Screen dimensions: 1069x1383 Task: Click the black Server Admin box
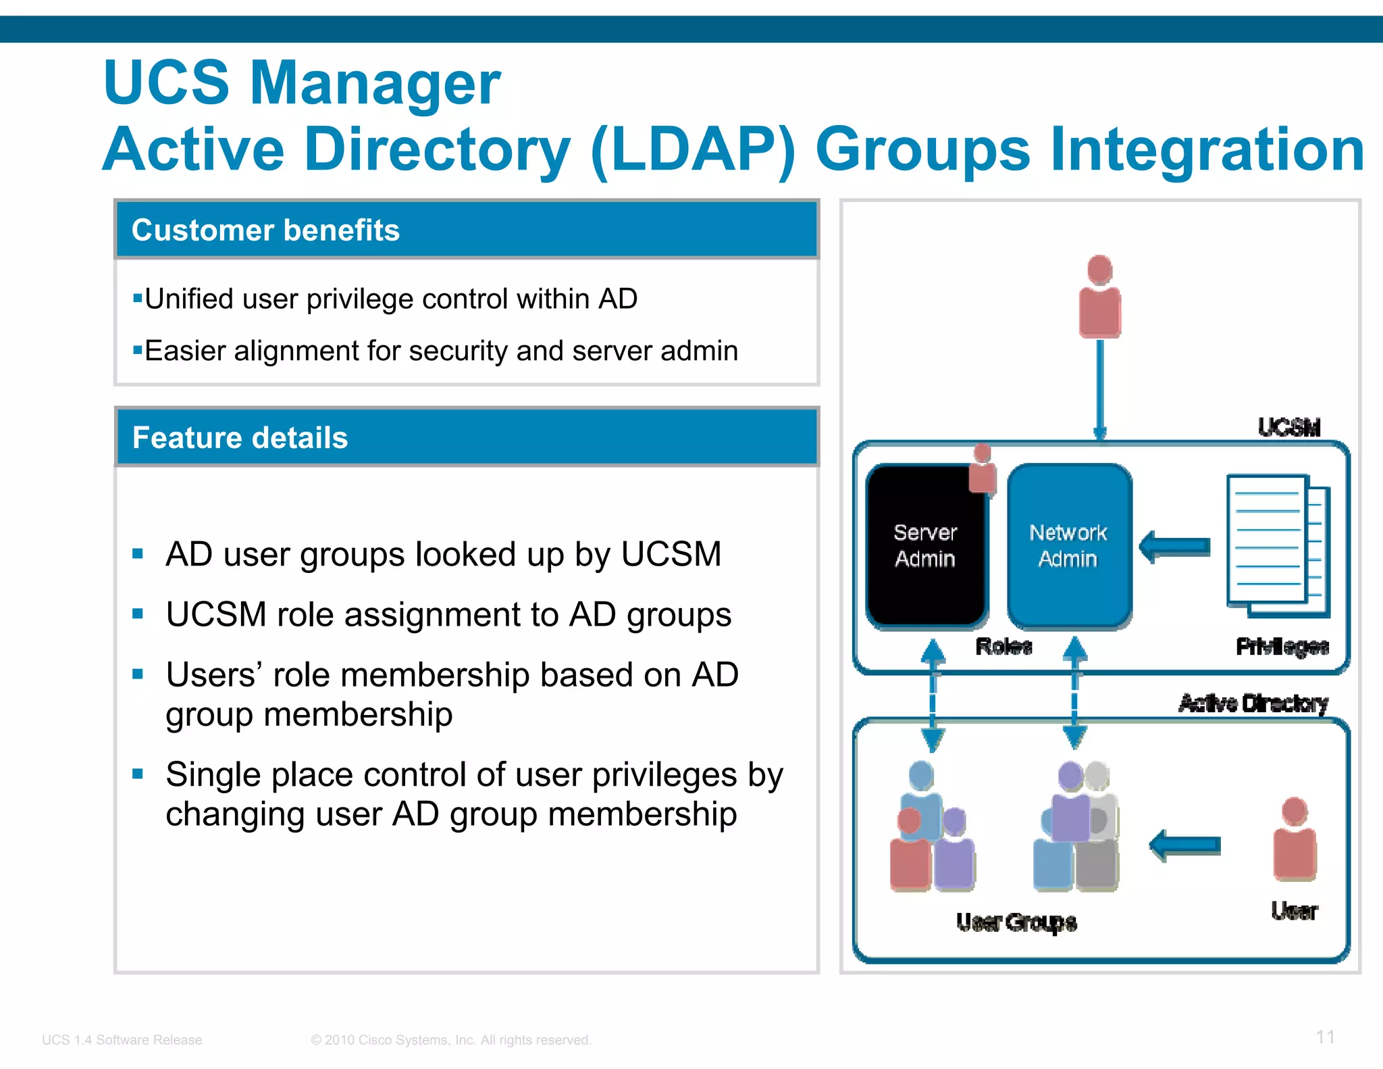(x=925, y=546)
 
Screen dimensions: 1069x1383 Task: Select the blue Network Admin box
(x=1068, y=546)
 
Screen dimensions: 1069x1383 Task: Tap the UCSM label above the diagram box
(x=1288, y=427)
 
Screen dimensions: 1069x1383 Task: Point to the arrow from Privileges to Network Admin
(x=1175, y=546)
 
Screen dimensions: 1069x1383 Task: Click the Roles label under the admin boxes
(x=1003, y=647)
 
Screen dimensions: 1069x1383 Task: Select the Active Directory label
(x=1253, y=703)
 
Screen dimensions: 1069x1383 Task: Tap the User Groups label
(x=1016, y=922)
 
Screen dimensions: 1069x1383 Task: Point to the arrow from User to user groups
(x=1185, y=845)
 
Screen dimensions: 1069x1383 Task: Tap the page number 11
(x=1325, y=1037)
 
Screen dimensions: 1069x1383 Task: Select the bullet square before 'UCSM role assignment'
(x=138, y=614)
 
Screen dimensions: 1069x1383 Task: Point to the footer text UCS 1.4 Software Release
(x=122, y=1039)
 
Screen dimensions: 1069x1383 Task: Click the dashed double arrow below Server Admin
(x=933, y=695)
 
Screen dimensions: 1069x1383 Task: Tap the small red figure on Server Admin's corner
(x=983, y=470)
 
